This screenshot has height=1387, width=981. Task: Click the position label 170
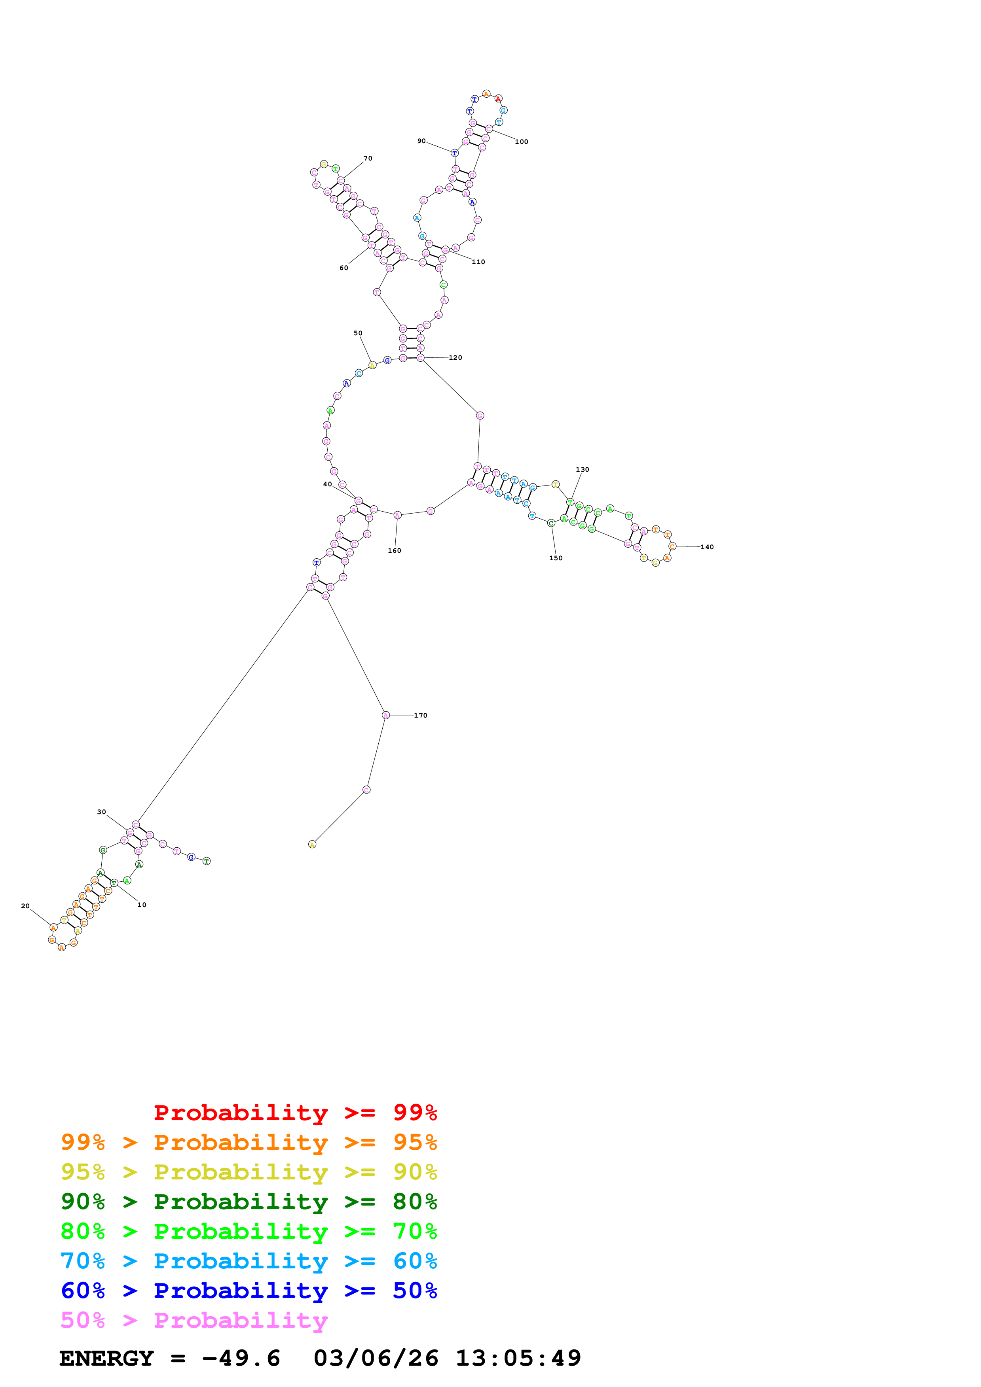pos(420,715)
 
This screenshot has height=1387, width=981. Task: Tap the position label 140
pos(707,547)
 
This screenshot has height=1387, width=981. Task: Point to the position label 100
pos(521,142)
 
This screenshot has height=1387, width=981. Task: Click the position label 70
pos(368,158)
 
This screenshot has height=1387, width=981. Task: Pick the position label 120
pos(455,358)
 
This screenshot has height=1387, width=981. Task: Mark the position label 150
pos(556,558)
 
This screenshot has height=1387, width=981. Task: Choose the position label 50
pos(358,333)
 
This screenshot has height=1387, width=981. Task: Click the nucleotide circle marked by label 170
pos(385,715)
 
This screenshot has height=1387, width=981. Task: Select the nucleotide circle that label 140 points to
pos(672,546)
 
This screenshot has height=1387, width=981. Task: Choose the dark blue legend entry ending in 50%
pos(249,1291)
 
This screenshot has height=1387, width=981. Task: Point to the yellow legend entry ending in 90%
pos(249,1172)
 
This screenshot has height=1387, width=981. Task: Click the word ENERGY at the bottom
pos(106,1359)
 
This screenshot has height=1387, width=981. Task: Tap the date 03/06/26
pos(376,1359)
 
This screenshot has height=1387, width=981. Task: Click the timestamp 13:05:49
pos(518,1359)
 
